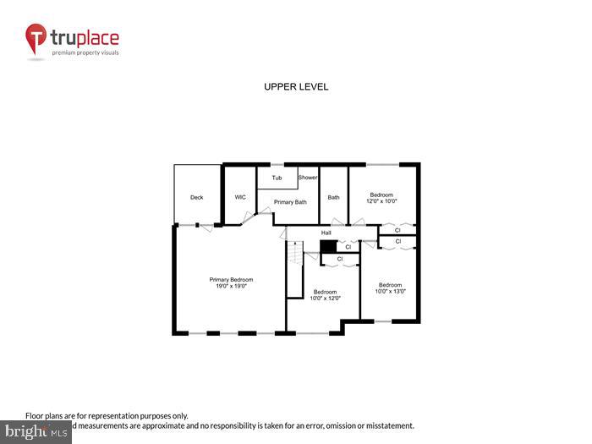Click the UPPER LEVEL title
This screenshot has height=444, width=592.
(296, 87)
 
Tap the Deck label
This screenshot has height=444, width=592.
(196, 197)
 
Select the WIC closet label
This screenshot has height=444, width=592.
(240, 197)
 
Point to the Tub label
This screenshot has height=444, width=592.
(277, 178)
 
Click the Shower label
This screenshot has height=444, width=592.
(307, 178)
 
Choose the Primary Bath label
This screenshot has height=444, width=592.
(290, 202)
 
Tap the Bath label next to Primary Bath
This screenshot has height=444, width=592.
(333, 197)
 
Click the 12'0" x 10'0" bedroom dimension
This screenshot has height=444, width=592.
(381, 202)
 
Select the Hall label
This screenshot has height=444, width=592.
(326, 233)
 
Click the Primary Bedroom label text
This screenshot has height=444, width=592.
(231, 280)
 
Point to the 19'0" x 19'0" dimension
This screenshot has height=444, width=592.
(231, 287)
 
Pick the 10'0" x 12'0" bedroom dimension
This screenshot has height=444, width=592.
(325, 298)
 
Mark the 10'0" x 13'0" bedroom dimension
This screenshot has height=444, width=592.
(391, 291)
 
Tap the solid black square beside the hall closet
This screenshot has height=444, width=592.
(327, 246)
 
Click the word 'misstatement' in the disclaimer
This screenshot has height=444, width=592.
(386, 425)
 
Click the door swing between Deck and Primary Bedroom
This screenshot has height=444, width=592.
(186, 224)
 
